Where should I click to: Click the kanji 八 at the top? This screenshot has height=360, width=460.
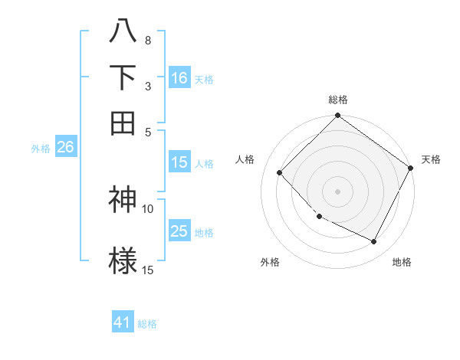pos(123,33)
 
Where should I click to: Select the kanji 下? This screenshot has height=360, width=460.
pos(123,77)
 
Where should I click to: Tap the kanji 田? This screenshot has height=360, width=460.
pos(123,123)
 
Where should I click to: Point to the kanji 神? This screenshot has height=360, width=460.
pos(123,200)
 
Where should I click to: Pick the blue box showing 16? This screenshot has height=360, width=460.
pos(179,78)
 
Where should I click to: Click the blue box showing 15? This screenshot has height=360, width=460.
pos(179,162)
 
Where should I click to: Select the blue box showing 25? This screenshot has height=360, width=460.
pos(179,231)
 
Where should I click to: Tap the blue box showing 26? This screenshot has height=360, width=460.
pos(65,148)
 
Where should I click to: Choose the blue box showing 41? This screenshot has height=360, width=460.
pos(123,322)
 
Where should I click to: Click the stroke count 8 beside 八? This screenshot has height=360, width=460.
pos(148,40)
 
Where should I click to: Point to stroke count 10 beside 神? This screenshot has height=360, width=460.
pos(148,208)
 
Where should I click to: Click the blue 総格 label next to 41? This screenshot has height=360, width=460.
pos(147,324)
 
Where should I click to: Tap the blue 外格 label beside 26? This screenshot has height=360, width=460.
pos(41,149)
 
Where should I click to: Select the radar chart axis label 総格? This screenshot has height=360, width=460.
pos(338,100)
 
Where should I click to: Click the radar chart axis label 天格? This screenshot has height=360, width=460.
pos(432,159)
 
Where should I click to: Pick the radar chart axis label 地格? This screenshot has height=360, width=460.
pos(402,263)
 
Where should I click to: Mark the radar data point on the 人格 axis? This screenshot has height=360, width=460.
pos(280,172)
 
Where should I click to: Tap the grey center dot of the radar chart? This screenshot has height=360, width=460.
pos(338,191)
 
